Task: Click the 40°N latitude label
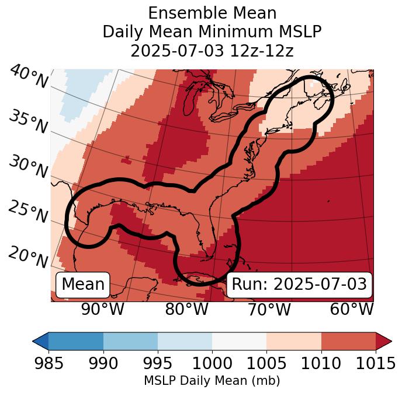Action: coord(28,77)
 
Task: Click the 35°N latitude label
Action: coord(28,121)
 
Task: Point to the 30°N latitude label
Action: coord(28,167)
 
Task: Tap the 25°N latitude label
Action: coord(28,212)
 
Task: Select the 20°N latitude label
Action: coord(28,257)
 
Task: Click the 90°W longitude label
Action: coord(102,309)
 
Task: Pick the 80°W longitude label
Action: coord(186,309)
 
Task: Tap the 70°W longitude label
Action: coord(269,309)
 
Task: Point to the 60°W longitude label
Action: coord(352,309)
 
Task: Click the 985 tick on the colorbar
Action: coord(48,363)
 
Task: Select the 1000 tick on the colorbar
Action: coord(212,363)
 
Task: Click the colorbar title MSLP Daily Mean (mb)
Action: coord(212,381)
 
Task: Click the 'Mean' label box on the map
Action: coord(83,285)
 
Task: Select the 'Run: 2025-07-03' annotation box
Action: coord(299,285)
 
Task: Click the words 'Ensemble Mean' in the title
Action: coord(212,13)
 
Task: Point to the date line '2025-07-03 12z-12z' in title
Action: coord(212,51)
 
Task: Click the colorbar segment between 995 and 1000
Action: coord(185,341)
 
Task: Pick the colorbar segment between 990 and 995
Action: coord(130,341)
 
